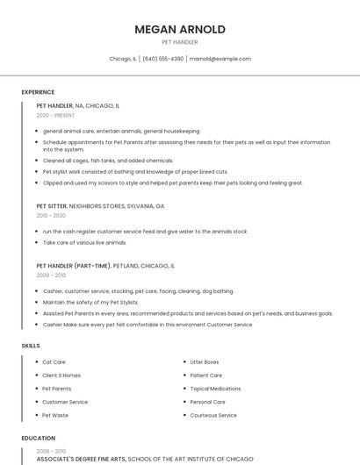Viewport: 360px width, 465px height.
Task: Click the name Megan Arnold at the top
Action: pyautogui.click(x=179, y=29)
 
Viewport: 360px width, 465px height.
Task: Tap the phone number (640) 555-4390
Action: pyautogui.click(x=162, y=59)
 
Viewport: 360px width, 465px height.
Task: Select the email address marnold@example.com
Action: pyautogui.click(x=220, y=59)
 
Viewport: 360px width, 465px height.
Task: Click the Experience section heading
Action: pyautogui.click(x=38, y=92)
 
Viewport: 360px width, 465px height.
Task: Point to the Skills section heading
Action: pyautogui.click(x=31, y=346)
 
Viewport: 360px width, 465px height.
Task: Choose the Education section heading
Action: pyautogui.click(x=38, y=438)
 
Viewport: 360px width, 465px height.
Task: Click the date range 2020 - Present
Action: pyautogui.click(x=55, y=115)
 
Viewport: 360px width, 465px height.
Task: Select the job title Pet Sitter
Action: pyautogui.click(x=52, y=206)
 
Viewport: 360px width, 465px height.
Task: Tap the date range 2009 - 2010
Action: pyautogui.click(x=51, y=275)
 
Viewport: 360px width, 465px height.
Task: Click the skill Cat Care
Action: pyautogui.click(x=54, y=362)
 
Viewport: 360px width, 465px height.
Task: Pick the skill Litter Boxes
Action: pyautogui.click(x=205, y=362)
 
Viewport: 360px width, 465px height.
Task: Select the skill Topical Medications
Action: pyautogui.click(x=215, y=389)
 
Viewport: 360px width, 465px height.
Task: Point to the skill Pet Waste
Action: pyautogui.click(x=54, y=415)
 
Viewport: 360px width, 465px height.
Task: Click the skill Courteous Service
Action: pyautogui.click(x=213, y=415)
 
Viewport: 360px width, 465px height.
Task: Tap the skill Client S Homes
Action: pyautogui.click(x=61, y=376)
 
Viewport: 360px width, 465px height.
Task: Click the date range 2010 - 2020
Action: pyautogui.click(x=51, y=215)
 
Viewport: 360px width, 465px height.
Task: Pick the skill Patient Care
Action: pyautogui.click(x=206, y=376)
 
